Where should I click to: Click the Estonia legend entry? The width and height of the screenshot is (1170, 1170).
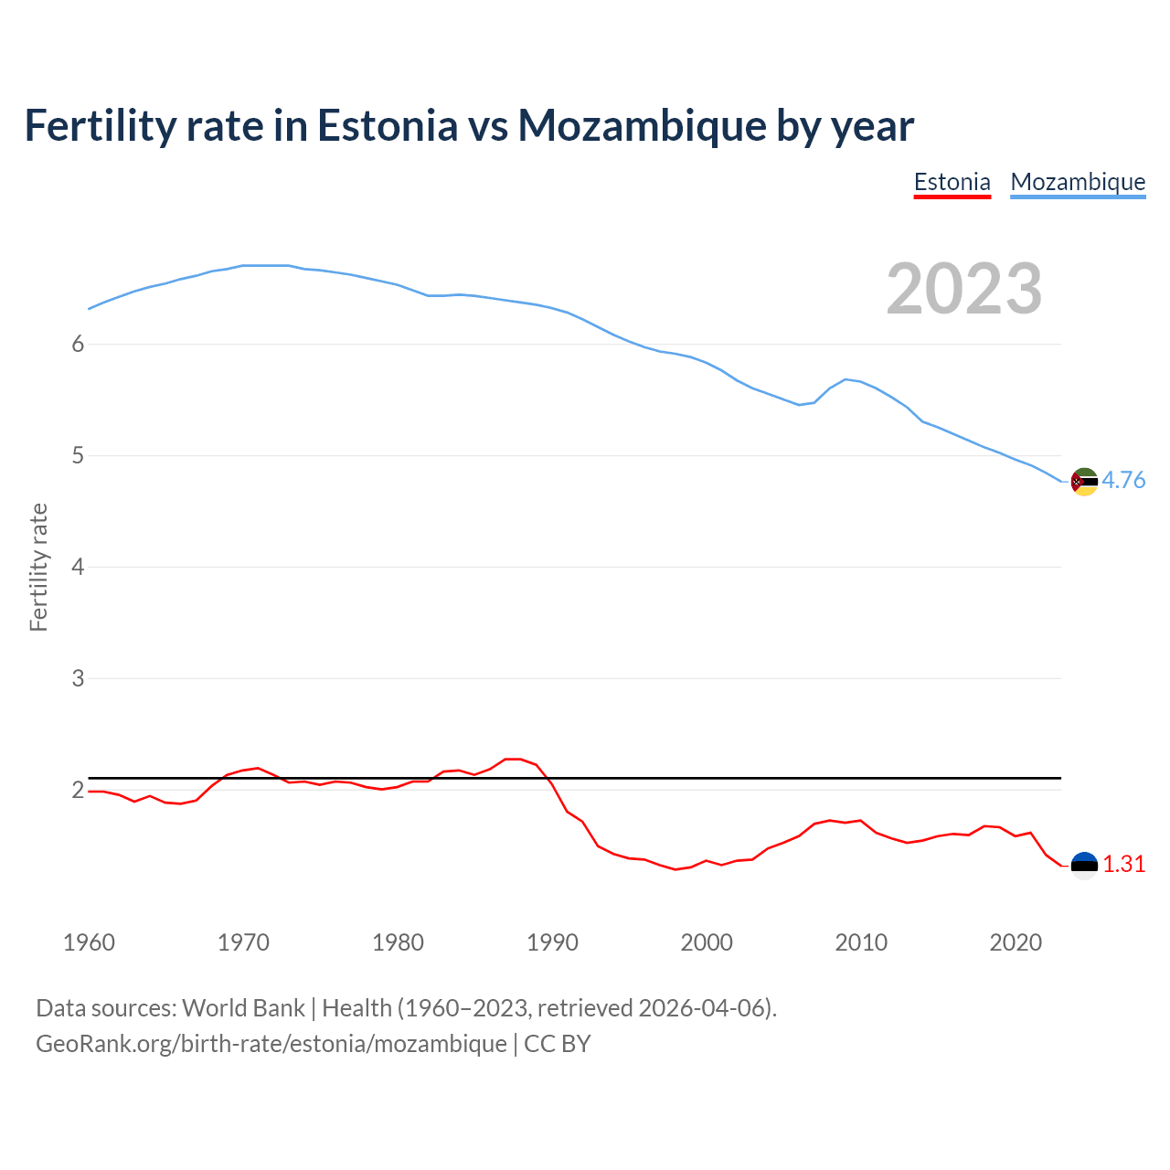(952, 182)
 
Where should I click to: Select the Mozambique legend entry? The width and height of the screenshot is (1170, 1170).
(1078, 182)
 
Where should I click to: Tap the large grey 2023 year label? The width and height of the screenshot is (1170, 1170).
(963, 289)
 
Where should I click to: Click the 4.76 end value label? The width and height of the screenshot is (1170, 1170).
(1123, 480)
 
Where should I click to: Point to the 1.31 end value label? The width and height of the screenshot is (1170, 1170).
(1123, 864)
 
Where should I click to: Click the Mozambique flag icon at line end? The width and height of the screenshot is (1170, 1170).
(1084, 482)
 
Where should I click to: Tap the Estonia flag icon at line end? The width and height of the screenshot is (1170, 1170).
(1084, 866)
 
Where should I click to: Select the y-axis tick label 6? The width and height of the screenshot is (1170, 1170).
(78, 344)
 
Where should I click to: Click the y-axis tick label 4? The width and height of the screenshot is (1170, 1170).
(78, 567)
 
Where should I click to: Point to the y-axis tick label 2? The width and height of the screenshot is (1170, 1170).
(78, 790)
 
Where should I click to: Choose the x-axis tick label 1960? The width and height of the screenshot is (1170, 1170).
(89, 942)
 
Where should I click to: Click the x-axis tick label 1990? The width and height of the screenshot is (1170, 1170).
(552, 942)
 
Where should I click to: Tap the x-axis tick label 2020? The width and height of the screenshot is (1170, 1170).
(1016, 942)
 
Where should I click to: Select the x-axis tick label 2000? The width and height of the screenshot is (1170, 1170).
(707, 942)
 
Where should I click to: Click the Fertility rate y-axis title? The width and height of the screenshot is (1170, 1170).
(38, 567)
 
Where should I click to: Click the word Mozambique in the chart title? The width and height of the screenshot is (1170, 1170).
(642, 126)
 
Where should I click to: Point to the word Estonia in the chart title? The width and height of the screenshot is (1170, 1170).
(387, 126)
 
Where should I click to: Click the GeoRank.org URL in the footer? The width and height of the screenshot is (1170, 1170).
(271, 1043)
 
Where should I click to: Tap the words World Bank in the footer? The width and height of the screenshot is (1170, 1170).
(243, 1007)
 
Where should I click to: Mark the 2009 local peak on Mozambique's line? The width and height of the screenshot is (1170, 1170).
(846, 378)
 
